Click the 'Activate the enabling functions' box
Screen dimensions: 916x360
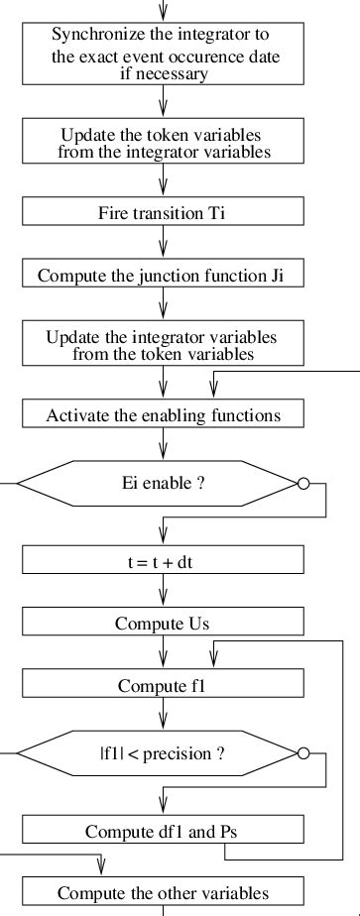pos(164,414)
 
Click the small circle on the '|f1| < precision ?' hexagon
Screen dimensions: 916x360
pos(303,754)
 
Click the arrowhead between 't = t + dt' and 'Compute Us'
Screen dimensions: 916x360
pos(164,602)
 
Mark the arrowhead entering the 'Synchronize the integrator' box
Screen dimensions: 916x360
pos(164,13)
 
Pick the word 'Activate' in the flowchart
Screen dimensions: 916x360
pos(76,414)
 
